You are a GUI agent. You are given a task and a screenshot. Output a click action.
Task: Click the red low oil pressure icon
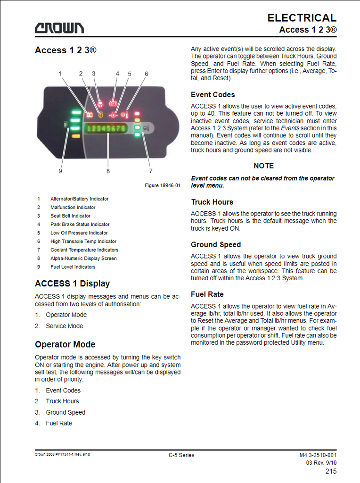coord(114,114)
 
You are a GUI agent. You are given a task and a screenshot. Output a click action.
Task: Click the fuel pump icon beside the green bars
coord(65,125)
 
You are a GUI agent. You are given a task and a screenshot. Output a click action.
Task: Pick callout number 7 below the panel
coord(151,171)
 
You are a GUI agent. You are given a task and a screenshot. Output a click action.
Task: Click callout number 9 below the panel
coord(60,171)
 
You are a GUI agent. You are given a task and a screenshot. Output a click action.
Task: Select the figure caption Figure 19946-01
coord(163,185)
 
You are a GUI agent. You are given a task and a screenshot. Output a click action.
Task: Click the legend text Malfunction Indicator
coord(73,208)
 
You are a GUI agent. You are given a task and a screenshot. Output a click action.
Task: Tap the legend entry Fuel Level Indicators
coord(73,267)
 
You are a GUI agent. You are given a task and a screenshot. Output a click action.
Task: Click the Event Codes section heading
coord(213,95)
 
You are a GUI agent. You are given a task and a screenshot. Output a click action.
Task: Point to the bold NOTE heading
coord(263,166)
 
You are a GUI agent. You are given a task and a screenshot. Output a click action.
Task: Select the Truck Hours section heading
coord(212,202)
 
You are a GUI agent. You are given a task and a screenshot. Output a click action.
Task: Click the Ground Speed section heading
coord(216,245)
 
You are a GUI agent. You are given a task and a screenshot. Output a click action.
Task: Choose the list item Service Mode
coord(64,326)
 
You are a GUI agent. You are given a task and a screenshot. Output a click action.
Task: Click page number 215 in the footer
coord(331,471)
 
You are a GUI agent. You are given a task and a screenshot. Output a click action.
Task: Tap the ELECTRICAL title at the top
coord(302,18)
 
